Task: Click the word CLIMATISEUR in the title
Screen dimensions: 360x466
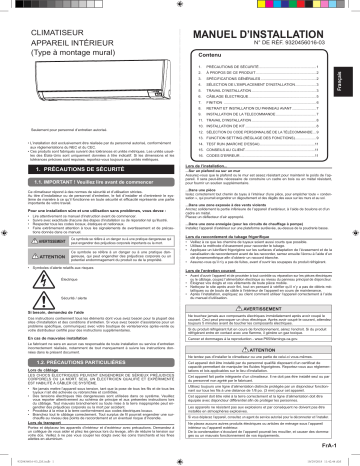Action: [x=39, y=17]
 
